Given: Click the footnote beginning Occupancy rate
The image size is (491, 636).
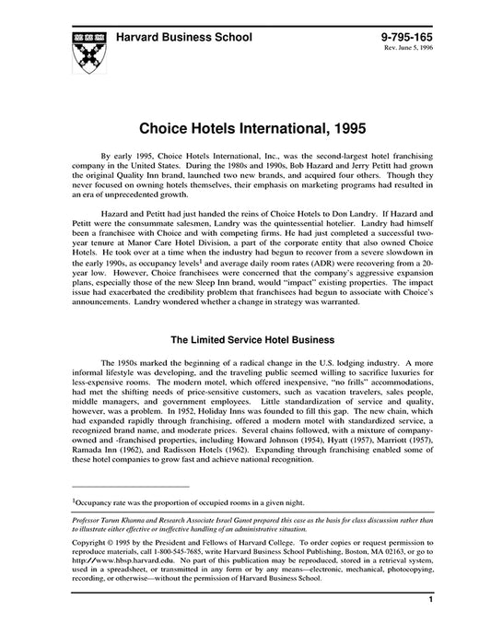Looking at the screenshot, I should click(176, 502).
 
